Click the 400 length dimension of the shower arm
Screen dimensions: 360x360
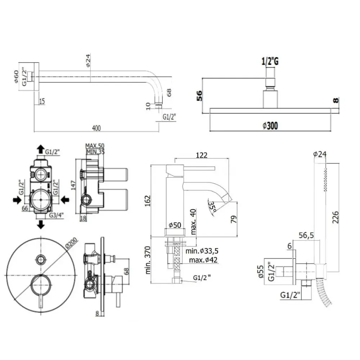pos(96,128)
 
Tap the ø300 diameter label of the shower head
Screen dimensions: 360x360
pos(270,126)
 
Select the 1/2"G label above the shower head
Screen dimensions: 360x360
pos(270,61)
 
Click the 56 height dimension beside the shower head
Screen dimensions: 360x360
pos(199,95)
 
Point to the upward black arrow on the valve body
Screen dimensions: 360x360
pos(41,149)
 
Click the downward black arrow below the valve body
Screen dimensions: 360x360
pos(41,224)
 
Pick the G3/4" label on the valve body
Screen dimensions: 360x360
pos(56,215)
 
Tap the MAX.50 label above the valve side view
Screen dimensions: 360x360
pos(95,145)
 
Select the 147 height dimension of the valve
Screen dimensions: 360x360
pos(73,185)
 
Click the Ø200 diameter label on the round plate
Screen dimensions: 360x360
pos(71,243)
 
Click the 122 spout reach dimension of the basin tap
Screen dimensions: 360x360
pos(202,155)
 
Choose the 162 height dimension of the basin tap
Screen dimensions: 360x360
pos(147,201)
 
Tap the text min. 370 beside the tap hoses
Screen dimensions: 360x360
pos(148,260)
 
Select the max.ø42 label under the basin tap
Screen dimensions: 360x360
pos(203,260)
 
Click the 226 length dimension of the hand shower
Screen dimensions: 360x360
pos(336,217)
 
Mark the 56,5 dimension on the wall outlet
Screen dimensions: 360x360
pos(306,235)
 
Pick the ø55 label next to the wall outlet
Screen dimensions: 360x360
pos(261,271)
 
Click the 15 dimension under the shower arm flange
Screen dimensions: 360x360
pos(42,101)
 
